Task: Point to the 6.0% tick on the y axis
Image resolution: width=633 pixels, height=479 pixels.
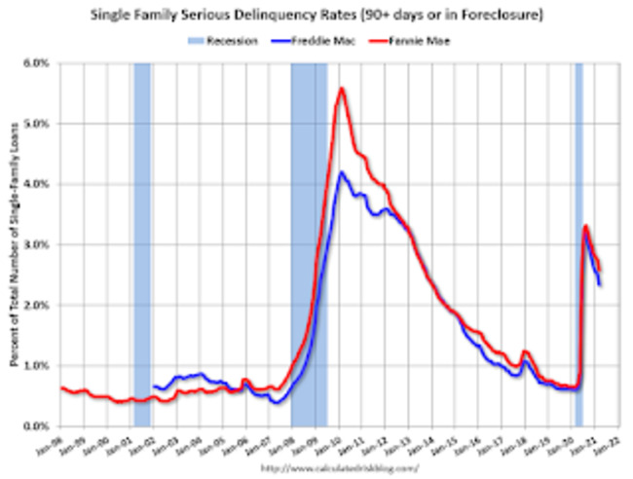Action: pos(37,63)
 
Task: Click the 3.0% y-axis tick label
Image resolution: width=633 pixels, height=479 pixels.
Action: pos(37,244)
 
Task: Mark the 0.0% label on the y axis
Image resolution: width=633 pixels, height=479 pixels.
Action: pos(37,426)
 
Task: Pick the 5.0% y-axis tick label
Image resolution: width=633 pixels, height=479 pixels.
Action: pos(37,124)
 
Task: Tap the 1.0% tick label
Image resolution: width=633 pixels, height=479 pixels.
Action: pos(37,366)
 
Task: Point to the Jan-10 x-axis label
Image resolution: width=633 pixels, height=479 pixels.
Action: pos(337,445)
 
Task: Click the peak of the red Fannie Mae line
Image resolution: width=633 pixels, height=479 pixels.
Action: pos(341,89)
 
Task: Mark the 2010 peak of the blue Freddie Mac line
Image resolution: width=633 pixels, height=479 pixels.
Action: pos(341,173)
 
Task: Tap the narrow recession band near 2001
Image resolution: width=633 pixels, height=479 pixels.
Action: pos(142,243)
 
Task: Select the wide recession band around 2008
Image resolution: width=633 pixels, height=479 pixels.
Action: pos(309,243)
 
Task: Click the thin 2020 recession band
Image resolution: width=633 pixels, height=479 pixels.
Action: pos(578,243)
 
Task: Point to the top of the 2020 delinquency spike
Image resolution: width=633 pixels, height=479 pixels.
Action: pos(585,227)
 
